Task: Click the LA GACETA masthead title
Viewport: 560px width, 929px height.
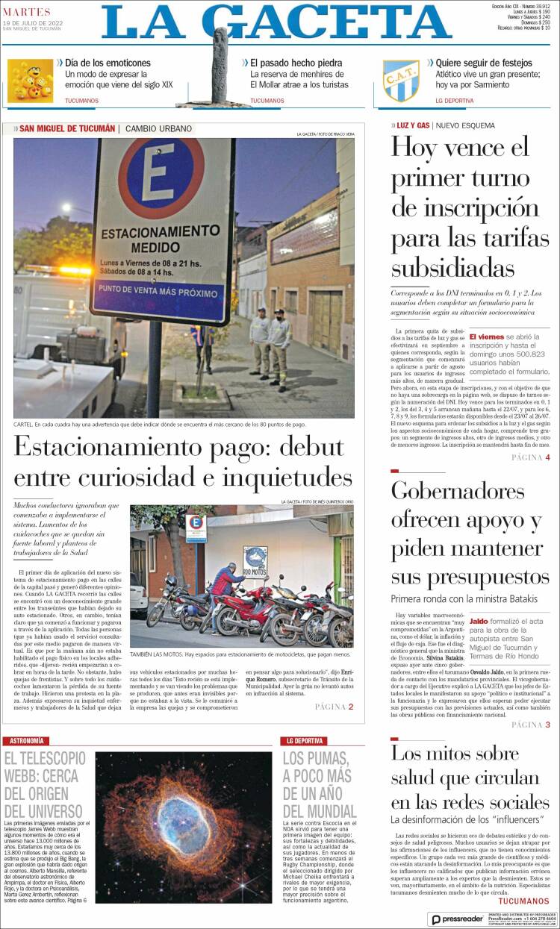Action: point(276,22)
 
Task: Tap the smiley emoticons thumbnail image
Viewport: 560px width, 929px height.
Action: point(30,81)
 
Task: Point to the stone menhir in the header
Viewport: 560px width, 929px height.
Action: point(221,63)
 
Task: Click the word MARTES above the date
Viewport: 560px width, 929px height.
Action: point(27,11)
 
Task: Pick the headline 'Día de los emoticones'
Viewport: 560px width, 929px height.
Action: point(108,63)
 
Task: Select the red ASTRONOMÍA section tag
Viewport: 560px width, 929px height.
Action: point(26,741)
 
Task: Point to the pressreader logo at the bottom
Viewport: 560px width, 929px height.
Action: point(456,919)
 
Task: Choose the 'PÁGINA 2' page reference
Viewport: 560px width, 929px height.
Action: point(334,707)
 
